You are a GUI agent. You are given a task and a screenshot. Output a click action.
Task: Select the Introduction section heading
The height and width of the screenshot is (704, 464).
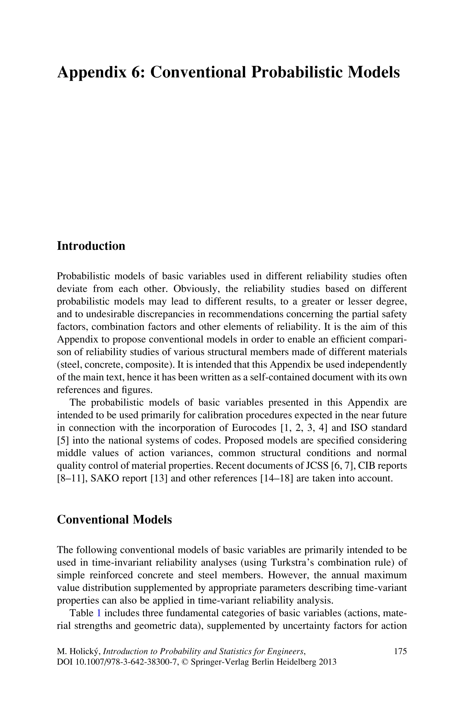coord(91,246)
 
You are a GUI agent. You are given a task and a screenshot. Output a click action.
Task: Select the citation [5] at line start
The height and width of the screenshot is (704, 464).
coord(63,441)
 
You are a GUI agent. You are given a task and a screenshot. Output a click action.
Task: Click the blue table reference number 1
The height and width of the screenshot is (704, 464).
coord(99,613)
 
